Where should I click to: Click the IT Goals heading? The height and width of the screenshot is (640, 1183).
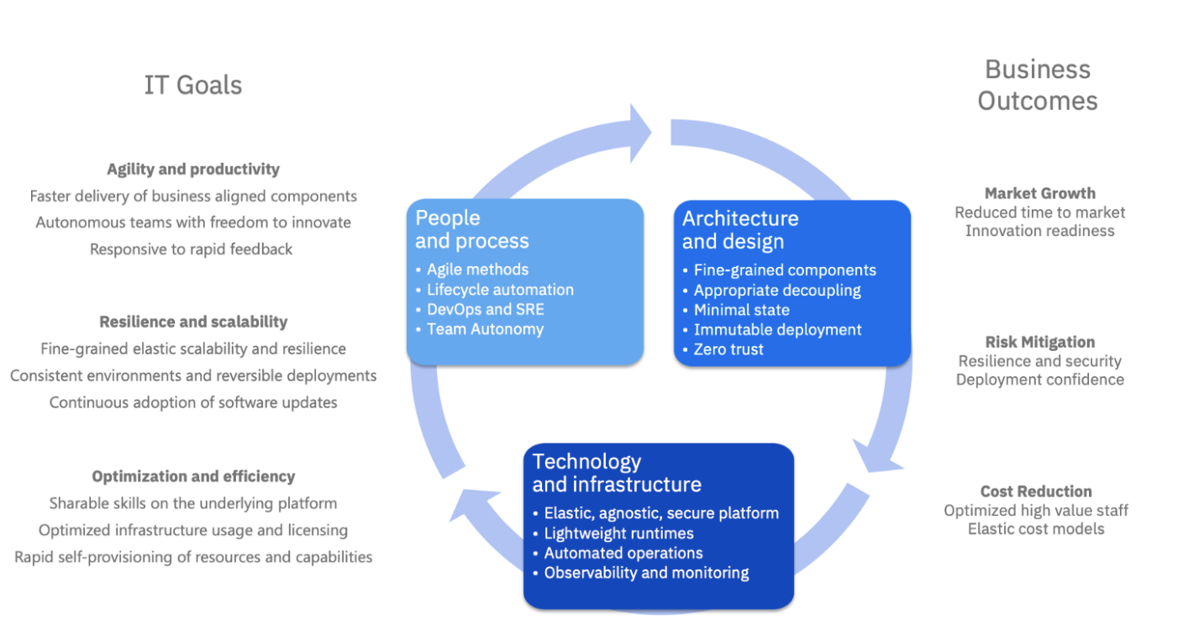pos(193,85)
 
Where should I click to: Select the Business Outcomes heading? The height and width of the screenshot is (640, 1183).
pos(1038,85)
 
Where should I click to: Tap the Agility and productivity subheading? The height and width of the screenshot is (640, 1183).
pos(193,169)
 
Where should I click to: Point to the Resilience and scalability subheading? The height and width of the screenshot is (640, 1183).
pos(193,322)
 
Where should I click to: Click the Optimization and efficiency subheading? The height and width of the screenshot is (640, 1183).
pos(193,476)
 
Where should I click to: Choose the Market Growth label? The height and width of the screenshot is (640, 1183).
pos(1040,193)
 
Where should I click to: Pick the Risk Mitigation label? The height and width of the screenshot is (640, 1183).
pos(1040,342)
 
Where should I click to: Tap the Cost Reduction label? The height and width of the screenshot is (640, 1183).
pos(1036,491)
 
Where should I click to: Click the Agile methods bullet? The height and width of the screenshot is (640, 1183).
pos(477,270)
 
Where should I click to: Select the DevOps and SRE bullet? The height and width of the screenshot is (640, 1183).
pos(485,309)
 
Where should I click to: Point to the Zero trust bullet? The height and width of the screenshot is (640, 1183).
pos(728,349)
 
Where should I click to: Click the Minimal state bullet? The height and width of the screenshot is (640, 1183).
pos(741,310)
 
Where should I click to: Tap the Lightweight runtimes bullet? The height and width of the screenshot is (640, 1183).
pos(618,533)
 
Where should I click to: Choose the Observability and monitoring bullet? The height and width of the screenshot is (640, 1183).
pos(646,573)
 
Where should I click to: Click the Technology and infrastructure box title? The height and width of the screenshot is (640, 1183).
pos(616,473)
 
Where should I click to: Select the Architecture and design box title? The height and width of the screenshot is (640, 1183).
pos(740,229)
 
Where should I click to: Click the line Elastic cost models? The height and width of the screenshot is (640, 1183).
pos(1036,528)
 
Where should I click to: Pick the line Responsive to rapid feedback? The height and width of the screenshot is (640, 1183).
pos(192,249)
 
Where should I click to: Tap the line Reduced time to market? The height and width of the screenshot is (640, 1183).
pos(1040,212)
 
